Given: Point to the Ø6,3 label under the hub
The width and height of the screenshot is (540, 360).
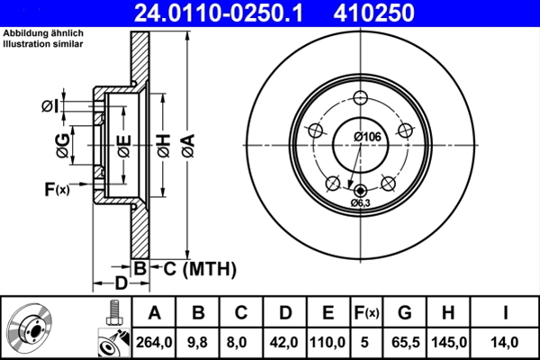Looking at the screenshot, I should pos(361,203).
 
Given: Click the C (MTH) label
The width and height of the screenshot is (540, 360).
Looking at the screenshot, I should pos(199,267).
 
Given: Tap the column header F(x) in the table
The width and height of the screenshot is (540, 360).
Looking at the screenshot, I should pos(366,314).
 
